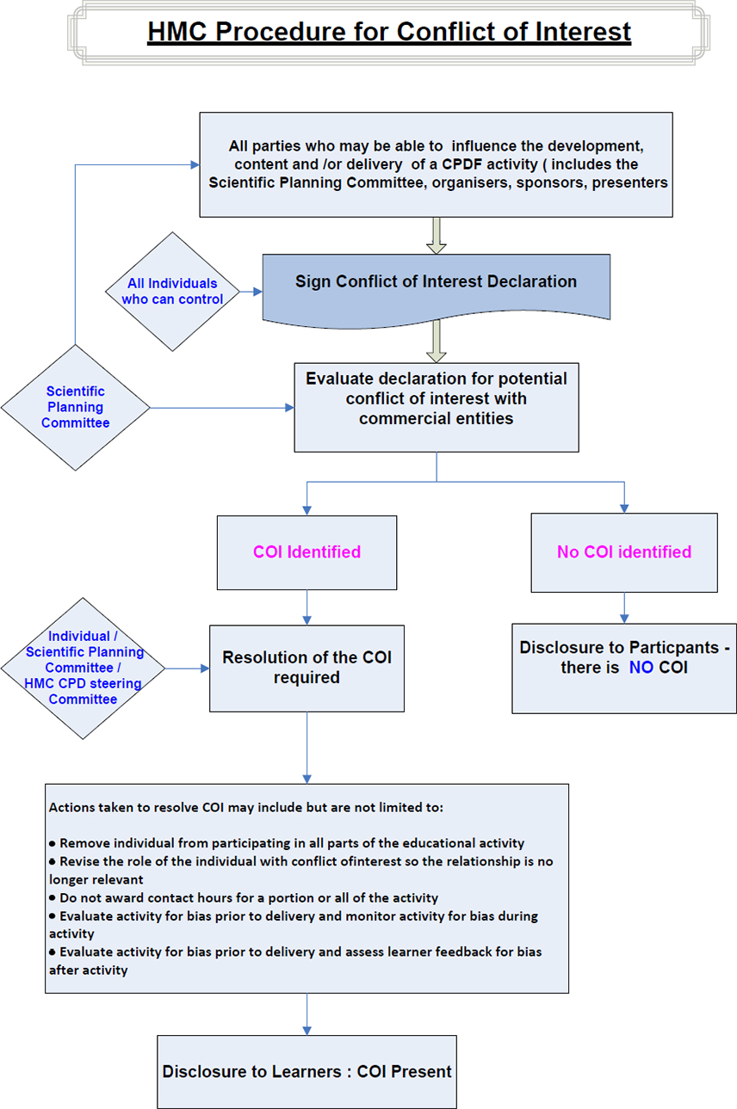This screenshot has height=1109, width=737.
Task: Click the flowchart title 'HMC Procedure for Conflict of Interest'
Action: [x=389, y=32]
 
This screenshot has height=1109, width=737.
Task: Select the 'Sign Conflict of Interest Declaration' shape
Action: [x=436, y=282]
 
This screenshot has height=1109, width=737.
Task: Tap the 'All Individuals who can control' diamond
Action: [x=172, y=292]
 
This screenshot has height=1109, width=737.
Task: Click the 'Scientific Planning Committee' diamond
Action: [x=76, y=407]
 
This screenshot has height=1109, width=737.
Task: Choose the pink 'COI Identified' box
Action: [x=307, y=552]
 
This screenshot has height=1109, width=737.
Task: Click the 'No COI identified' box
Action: [x=623, y=552]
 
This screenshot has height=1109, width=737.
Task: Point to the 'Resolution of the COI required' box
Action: [x=307, y=668]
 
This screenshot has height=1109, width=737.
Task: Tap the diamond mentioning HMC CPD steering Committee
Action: [x=83, y=668]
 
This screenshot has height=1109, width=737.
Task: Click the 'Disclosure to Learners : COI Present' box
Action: [x=307, y=1071]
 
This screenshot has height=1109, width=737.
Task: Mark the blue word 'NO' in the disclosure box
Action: [x=641, y=667]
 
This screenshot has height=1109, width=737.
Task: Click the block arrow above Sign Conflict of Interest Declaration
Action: [x=437, y=235]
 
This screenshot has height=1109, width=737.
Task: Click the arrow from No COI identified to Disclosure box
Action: [x=624, y=607]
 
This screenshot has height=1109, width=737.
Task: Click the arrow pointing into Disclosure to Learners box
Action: [x=307, y=1015]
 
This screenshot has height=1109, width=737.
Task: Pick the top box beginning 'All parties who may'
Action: [x=436, y=164]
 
